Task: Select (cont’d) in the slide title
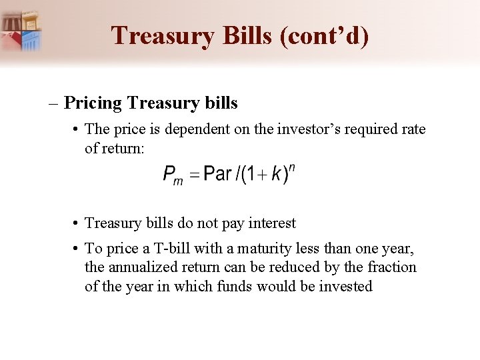(325, 35)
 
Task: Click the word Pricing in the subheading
(93, 103)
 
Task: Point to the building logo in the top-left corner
(22, 30)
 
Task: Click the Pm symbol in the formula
(173, 175)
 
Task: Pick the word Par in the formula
(217, 173)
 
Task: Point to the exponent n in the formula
(292, 167)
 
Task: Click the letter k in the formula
(275, 175)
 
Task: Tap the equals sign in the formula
(193, 175)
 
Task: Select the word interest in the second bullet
(271, 223)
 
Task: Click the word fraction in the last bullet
(391, 267)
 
